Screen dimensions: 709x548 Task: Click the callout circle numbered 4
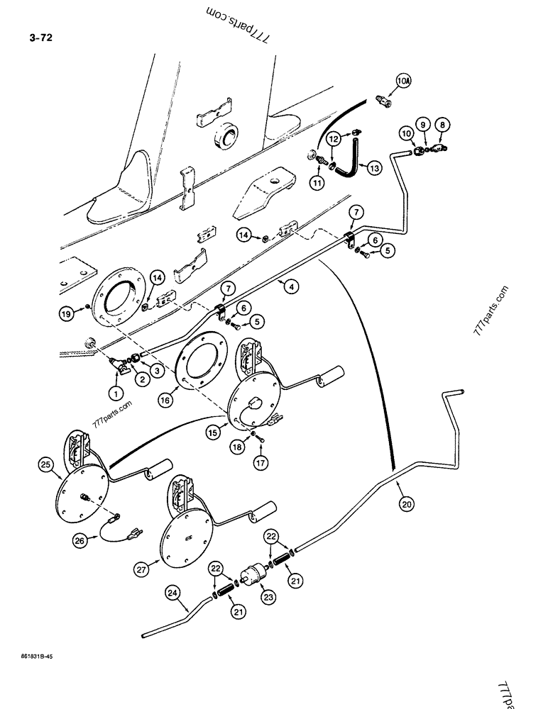pos(290,286)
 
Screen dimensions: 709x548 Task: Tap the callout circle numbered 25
pos(47,465)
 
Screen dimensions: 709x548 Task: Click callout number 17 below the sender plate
pos(261,460)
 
